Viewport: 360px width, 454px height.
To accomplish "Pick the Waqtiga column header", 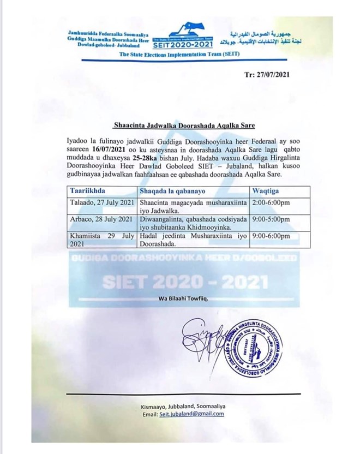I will click(x=265, y=191).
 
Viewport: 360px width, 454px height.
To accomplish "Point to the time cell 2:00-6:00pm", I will click(x=271, y=202).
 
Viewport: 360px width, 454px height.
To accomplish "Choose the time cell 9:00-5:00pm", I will click(x=271, y=219).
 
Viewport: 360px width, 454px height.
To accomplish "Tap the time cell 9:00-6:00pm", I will click(x=271, y=236).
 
